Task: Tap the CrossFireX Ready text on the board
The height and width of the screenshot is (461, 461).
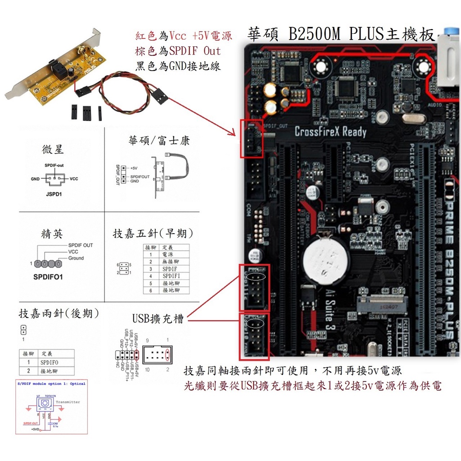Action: (x=330, y=132)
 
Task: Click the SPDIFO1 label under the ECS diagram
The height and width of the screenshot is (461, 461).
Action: (x=48, y=277)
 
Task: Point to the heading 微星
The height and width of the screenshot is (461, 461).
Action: (x=53, y=149)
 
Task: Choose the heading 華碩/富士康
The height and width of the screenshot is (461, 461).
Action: (x=159, y=140)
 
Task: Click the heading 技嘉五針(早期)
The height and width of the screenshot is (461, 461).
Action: (x=153, y=233)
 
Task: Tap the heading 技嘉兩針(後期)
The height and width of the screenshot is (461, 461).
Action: (x=59, y=313)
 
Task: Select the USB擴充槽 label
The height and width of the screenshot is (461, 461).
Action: (x=158, y=319)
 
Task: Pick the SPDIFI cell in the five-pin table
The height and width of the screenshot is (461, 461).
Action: (x=172, y=276)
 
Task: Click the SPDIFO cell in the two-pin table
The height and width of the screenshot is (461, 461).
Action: (x=49, y=362)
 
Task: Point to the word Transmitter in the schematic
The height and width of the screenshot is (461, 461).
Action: (x=68, y=402)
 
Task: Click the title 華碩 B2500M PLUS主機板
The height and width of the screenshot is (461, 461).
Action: (x=341, y=35)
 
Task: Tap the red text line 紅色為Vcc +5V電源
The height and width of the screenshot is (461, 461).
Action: (x=184, y=36)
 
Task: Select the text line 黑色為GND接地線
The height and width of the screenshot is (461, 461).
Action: (x=178, y=66)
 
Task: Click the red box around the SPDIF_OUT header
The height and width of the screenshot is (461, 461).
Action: (x=252, y=139)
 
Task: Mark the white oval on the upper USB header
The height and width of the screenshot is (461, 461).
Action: (x=256, y=276)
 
